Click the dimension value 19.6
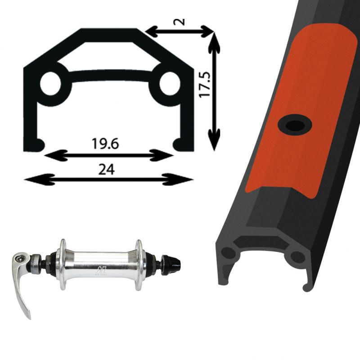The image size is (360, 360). [x=105, y=144]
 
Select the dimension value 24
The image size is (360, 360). [x=106, y=170]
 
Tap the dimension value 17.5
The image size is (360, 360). [x=205, y=85]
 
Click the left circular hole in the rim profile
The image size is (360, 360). [x=50, y=84]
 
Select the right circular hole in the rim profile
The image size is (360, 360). [x=170, y=83]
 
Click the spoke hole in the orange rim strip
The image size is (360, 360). [x=295, y=125]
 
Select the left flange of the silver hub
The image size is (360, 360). [x=63, y=265]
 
